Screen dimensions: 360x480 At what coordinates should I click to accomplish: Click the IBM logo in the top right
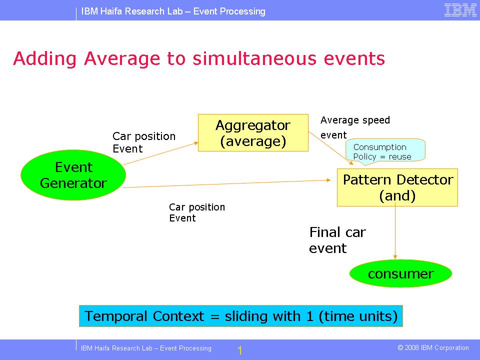click(460, 10)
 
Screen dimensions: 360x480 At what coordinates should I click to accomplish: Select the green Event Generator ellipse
click(73, 175)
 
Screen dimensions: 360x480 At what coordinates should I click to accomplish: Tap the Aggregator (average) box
click(253, 133)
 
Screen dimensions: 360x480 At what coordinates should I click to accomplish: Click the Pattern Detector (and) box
click(397, 187)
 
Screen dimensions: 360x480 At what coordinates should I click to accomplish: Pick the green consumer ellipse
click(400, 274)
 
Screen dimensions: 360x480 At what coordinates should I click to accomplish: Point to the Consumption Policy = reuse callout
click(384, 151)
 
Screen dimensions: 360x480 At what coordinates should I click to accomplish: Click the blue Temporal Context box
click(241, 316)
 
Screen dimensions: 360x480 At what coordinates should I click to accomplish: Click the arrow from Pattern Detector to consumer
click(395, 232)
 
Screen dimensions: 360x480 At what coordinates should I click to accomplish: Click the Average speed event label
click(354, 127)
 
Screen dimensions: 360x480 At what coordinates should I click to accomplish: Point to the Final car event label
click(337, 240)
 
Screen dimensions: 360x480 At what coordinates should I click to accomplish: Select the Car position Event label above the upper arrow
click(144, 142)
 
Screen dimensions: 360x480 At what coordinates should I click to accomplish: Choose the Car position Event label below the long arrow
click(197, 212)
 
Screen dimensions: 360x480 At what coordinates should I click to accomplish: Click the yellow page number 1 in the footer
click(240, 350)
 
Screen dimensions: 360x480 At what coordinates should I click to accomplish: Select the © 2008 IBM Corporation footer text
click(433, 348)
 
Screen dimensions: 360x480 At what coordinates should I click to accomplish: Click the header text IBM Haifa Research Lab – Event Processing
click(173, 11)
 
